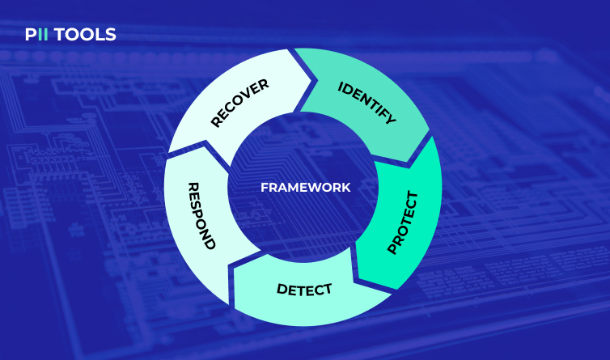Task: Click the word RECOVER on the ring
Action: click(x=239, y=103)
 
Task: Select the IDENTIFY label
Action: click(x=366, y=103)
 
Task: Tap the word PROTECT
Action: click(x=403, y=222)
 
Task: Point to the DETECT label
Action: click(x=304, y=289)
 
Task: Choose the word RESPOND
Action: click(x=201, y=215)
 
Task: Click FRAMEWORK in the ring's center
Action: click(x=305, y=187)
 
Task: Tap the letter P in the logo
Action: click(x=30, y=35)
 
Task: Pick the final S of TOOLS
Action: click(x=111, y=35)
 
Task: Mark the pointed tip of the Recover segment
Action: click(x=312, y=78)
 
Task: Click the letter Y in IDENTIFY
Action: click(x=391, y=120)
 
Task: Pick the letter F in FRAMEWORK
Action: click(x=264, y=187)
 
